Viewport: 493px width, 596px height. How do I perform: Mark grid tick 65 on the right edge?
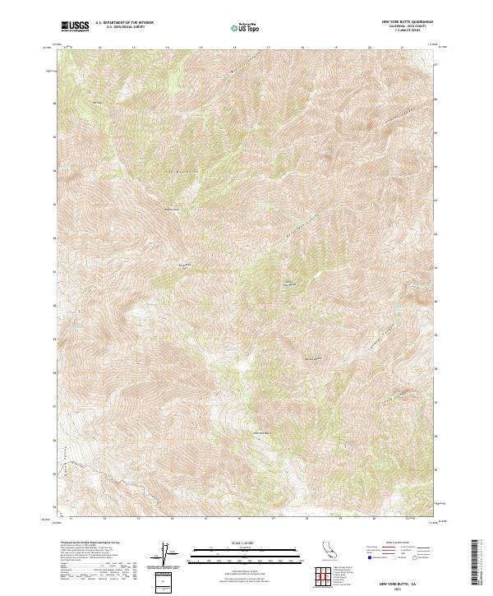435,136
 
